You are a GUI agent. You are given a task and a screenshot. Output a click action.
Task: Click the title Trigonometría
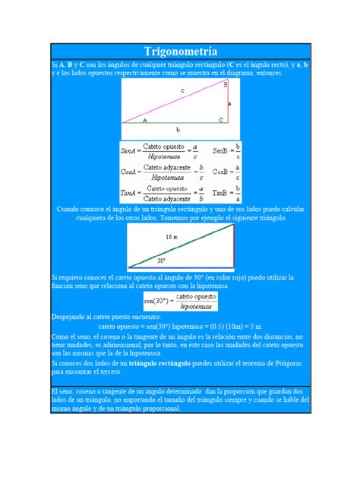[x=180, y=52]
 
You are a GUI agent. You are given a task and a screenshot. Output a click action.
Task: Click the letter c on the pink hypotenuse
[x=182, y=91]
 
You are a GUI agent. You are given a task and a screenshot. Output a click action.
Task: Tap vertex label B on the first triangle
[x=225, y=84]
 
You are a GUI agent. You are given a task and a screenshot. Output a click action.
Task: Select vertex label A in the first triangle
[x=144, y=119]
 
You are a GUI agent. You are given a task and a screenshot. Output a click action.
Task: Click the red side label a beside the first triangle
[x=230, y=103]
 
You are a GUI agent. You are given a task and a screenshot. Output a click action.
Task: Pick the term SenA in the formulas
[x=130, y=150]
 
